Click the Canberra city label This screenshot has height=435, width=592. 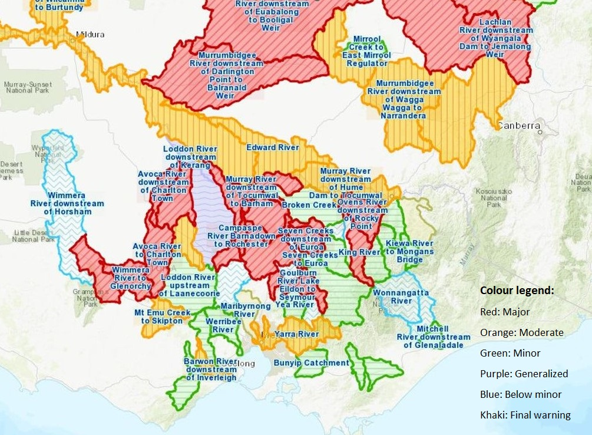tap(518, 126)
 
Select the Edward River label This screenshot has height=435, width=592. tap(273, 147)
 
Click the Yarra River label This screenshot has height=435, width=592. tap(296, 334)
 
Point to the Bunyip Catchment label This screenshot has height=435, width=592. tap(311, 362)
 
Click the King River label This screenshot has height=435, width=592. tap(359, 252)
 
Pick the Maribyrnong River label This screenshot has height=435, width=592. tap(246, 310)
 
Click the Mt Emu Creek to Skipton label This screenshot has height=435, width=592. tap(162, 317)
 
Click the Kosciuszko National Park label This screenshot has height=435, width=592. tap(494, 198)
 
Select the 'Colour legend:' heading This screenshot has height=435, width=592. tap(517, 291)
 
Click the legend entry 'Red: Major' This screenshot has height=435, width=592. tap(505, 311)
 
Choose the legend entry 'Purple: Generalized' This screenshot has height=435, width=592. tap(524, 373)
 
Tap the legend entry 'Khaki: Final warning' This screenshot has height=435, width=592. tap(525, 414)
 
